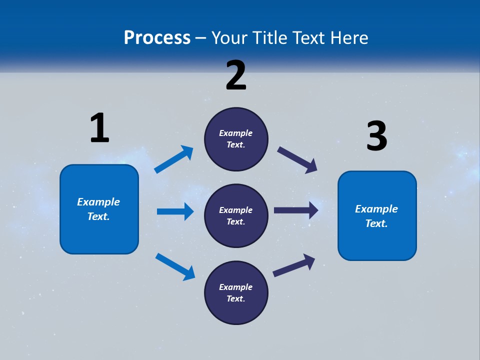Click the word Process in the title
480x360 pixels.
(x=157, y=37)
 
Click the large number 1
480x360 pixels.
(x=99, y=128)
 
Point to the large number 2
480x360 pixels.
(x=236, y=75)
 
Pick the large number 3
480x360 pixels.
(x=376, y=136)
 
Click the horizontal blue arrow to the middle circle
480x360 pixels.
(x=175, y=211)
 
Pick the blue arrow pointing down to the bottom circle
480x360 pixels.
(x=175, y=266)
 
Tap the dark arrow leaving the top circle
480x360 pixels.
(x=297, y=160)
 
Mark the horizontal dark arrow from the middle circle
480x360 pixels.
(x=296, y=210)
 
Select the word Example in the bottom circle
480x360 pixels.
(x=236, y=287)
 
